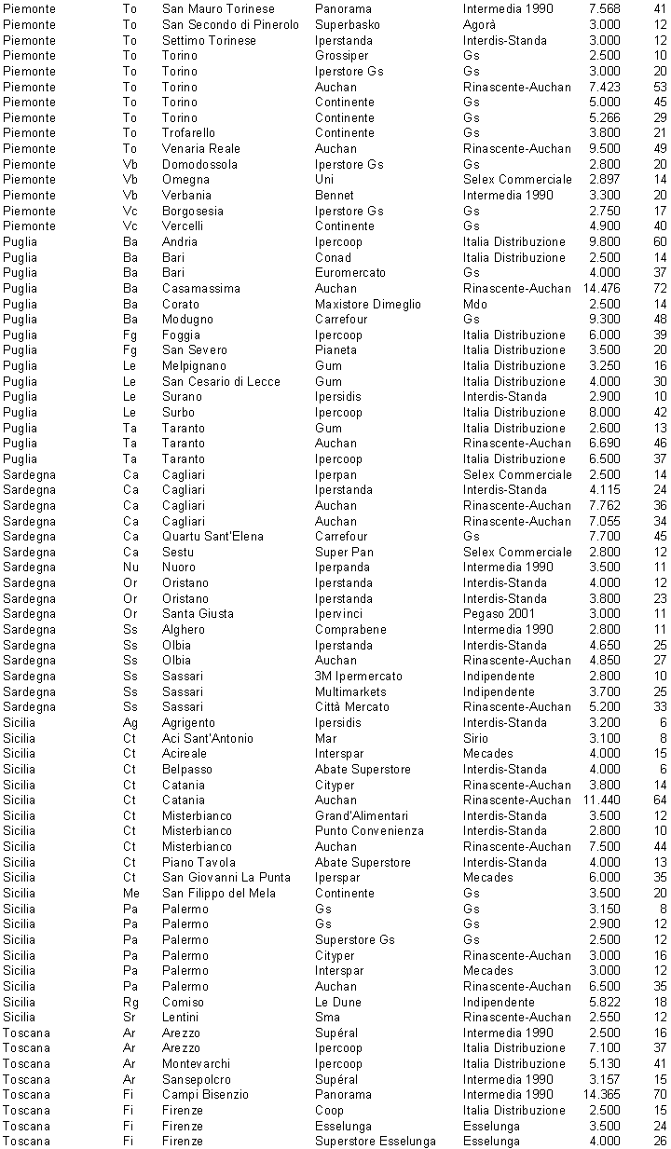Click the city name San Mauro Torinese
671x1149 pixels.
(218, 8)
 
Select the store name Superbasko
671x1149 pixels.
(347, 24)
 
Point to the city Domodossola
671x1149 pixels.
(199, 164)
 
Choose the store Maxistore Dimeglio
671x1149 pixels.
(367, 304)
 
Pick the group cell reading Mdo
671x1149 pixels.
(474, 304)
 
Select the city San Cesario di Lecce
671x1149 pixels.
(221, 381)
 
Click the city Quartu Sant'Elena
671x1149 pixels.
(212, 536)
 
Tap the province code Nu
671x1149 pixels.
(130, 567)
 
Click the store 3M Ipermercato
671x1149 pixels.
(359, 676)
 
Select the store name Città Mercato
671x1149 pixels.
(353, 706)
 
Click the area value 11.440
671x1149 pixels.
(601, 800)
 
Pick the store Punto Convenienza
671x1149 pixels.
(369, 830)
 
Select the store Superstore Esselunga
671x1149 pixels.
(375, 1142)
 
